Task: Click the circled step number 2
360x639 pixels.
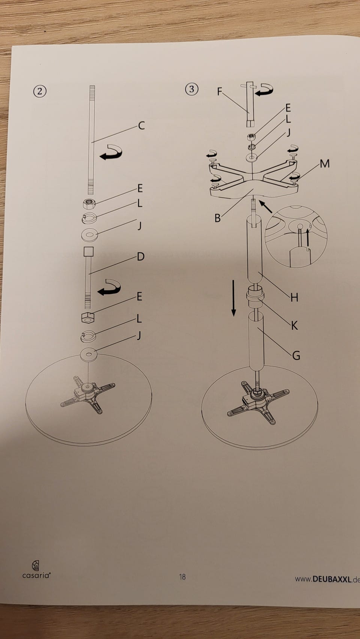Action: coord(40,91)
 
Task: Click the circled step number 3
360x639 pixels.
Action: coord(192,89)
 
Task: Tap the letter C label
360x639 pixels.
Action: coord(141,126)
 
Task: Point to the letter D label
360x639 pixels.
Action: coord(141,256)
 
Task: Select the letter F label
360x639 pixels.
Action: coord(219,91)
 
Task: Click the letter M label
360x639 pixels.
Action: coord(325,163)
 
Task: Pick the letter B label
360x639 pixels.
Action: coord(217,218)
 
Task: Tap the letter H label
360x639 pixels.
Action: coord(294,298)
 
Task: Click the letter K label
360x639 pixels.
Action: coord(294,325)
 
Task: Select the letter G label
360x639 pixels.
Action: coord(296,355)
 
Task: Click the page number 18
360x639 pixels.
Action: coord(182,576)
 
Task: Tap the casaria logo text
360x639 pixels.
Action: coord(36,575)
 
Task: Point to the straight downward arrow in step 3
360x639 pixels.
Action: coord(234,298)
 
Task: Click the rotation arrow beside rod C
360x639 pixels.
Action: coord(111,152)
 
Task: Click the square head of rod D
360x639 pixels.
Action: coord(89,252)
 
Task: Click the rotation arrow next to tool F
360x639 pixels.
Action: coord(264,90)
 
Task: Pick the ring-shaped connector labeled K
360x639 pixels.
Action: coord(255,296)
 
